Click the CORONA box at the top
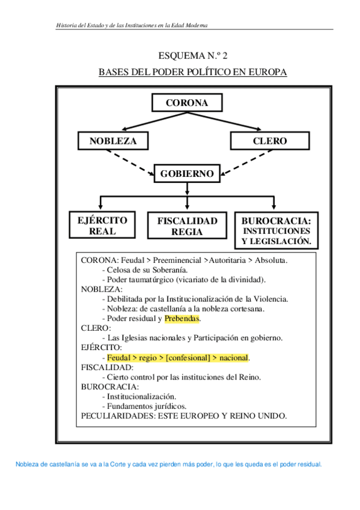[186, 103]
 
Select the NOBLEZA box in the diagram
[112, 141]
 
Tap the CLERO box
[270, 141]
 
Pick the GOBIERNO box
[187, 174]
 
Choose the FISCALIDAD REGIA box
[187, 226]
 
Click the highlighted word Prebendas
[182, 319]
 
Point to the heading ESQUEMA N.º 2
[192, 57]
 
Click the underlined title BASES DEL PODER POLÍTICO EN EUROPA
[192, 73]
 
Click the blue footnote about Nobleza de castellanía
[169, 464]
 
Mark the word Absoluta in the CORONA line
[271, 260]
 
